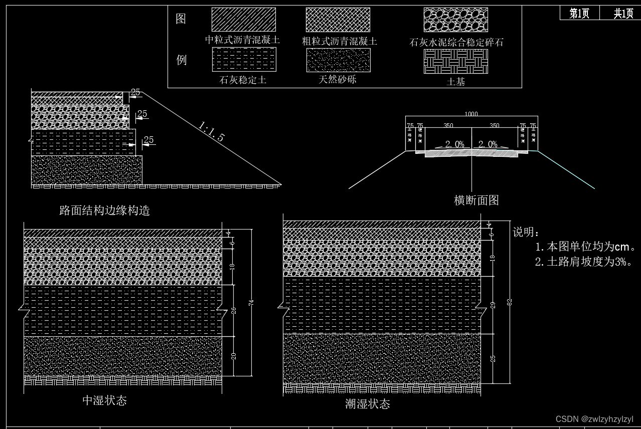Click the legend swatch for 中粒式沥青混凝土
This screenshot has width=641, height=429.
(243, 20)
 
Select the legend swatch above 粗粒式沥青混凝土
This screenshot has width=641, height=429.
(338, 20)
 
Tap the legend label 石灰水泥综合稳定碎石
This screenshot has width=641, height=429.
(456, 43)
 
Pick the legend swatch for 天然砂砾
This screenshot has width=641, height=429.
(338, 60)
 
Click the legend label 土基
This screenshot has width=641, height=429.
(455, 82)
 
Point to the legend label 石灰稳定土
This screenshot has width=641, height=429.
(243, 80)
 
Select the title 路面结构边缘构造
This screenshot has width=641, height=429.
(104, 210)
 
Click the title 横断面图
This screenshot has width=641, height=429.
(476, 200)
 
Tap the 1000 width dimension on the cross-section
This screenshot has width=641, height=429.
(471, 114)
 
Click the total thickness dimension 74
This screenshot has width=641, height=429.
(251, 303)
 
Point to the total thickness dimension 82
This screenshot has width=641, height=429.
(510, 302)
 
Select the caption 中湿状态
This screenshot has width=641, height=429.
(104, 400)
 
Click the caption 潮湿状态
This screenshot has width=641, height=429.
(367, 404)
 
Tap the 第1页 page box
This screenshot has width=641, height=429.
(579, 14)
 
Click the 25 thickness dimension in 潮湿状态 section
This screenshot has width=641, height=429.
(493, 358)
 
